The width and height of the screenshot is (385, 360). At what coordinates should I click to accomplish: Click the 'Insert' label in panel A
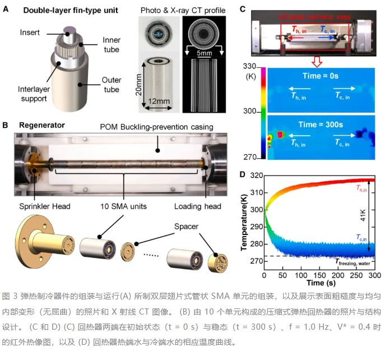pos(30,33)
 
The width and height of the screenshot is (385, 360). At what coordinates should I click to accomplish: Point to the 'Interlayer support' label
pos(34,94)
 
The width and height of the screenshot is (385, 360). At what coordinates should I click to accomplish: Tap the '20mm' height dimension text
pos(139,85)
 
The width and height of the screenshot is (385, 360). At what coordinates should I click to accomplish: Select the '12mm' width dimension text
pos(159,101)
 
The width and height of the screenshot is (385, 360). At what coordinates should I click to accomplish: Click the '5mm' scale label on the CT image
pos(205,53)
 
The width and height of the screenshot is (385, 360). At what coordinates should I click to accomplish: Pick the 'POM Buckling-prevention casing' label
pos(157,127)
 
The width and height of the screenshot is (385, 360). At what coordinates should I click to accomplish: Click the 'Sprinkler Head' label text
pos(45,206)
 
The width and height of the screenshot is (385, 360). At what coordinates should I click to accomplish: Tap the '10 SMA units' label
pos(123,206)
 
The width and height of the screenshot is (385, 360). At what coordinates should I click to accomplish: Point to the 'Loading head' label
pos(198,206)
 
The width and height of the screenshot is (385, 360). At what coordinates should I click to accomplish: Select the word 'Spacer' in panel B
pos(187,227)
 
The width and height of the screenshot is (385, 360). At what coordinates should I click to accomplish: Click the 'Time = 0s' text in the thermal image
pos(321,76)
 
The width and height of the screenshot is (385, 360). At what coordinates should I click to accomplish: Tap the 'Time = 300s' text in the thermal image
pos(321,124)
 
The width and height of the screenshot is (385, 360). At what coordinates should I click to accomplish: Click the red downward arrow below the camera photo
pos(317,62)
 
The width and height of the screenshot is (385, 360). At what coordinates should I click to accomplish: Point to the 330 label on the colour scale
pos(249,66)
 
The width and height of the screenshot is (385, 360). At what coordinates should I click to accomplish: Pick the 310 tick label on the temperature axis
pos(257,192)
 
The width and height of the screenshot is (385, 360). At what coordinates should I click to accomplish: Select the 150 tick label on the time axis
pos(319,275)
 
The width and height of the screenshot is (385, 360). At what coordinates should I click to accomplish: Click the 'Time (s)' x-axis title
pos(321,283)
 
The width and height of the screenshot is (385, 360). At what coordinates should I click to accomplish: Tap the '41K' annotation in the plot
pos(363,215)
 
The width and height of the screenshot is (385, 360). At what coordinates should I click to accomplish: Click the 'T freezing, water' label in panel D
pos(353,262)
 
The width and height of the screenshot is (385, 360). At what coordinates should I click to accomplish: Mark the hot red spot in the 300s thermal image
pos(280,135)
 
